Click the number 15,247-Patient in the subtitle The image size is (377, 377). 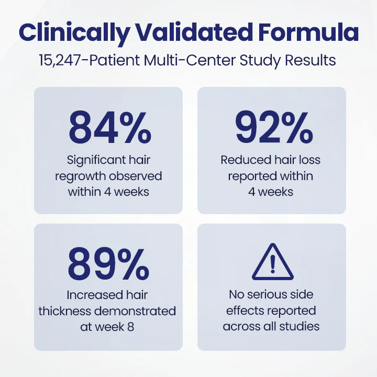point(83,60)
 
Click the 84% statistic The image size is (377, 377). point(108,128)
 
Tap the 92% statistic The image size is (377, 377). point(272,128)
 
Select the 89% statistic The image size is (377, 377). point(108,265)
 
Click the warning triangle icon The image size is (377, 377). point(272,263)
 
